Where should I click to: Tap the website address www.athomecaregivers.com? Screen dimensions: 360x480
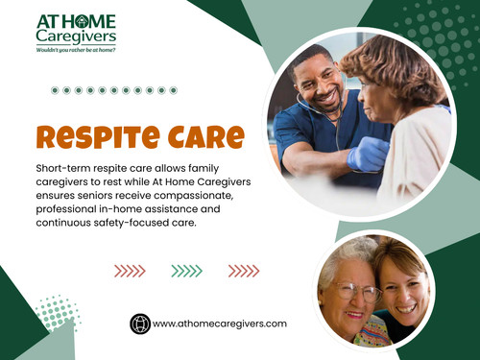coord(220,324)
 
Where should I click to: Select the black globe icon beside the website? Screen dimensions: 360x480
coord(140,324)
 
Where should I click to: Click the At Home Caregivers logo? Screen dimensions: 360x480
coord(76,29)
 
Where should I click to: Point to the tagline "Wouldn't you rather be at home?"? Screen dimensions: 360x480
coord(76,49)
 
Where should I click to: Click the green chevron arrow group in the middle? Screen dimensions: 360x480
coord(186,271)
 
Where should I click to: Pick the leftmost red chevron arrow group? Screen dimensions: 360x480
coord(129,271)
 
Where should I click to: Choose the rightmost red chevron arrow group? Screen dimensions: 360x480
coord(244,271)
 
